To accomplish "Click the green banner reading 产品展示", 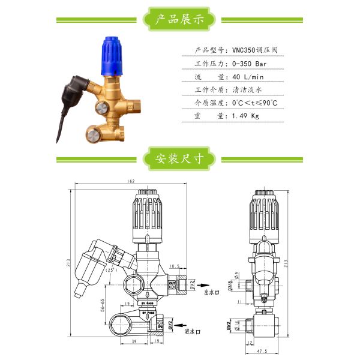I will (180, 19).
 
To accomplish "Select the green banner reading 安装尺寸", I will (180, 160).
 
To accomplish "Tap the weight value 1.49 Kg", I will (245, 116).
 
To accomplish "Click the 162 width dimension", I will (130, 181).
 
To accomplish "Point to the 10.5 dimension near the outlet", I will (175, 266).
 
